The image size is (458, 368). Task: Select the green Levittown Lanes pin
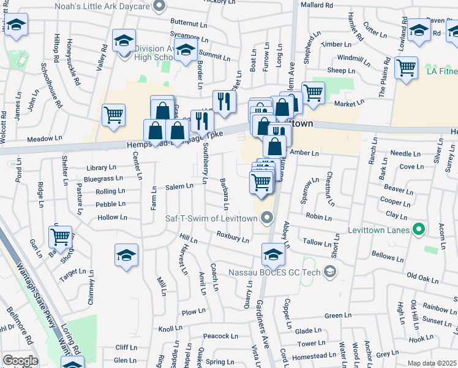419,230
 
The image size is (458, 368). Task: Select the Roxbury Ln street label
233,236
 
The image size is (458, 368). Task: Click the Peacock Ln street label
220,336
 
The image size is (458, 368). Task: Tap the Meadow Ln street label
53,139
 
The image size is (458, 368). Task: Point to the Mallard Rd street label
316,5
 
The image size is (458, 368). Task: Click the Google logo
20,361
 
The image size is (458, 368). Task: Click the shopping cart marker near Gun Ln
61,236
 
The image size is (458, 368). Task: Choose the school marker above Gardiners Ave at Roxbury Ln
274,254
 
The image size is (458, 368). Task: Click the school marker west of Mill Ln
127,255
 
